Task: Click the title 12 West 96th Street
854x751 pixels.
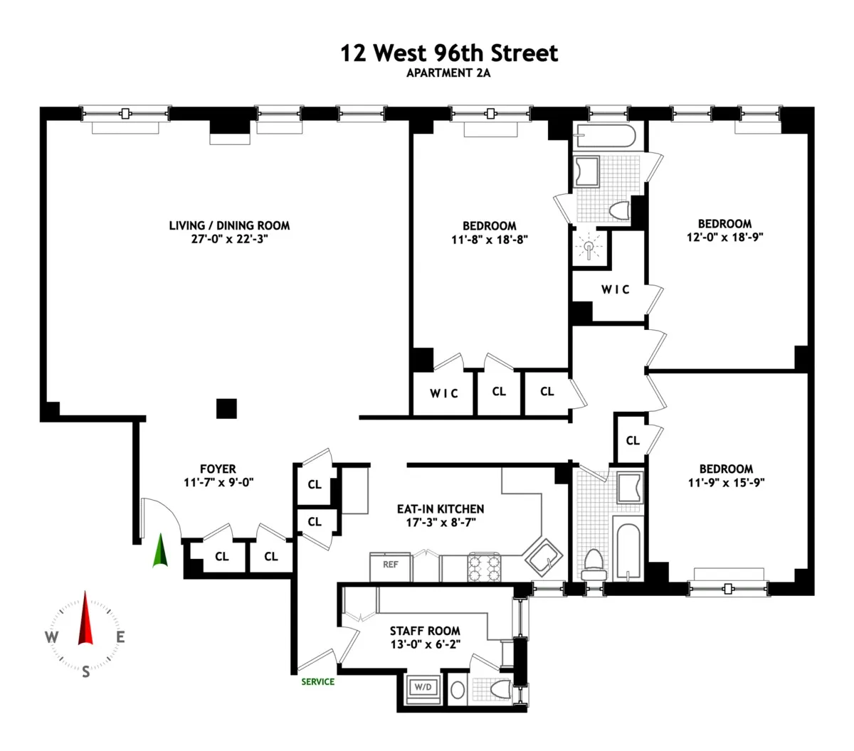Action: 449,53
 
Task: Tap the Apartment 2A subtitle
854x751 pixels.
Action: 449,73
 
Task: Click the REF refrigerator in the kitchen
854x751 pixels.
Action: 390,565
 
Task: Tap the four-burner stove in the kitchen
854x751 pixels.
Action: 484,567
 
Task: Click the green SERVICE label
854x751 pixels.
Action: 317,681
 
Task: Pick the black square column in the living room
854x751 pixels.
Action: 226,408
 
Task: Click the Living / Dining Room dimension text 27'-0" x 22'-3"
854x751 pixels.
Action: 229,239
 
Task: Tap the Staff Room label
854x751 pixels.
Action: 425,631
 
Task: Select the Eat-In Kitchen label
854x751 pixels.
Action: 441,508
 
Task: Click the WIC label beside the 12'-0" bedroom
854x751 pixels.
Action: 615,289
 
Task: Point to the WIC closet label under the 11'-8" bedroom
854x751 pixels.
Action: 443,393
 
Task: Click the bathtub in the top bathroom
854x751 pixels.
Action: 608,135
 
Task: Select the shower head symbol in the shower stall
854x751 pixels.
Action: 590,248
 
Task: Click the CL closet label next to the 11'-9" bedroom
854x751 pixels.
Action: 633,440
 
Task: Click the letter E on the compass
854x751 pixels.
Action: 121,637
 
